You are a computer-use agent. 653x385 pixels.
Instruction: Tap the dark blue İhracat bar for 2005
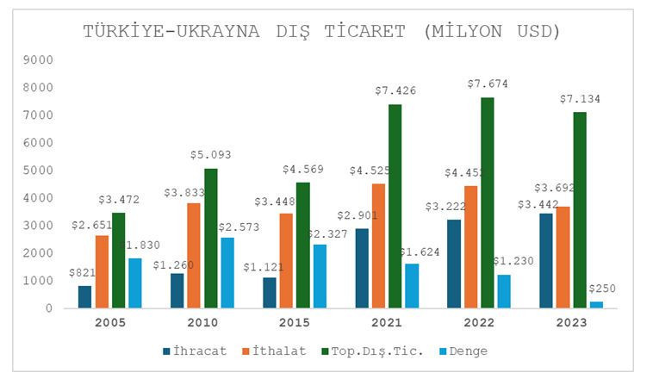point(84,296)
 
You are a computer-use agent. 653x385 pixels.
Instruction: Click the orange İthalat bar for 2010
point(195,255)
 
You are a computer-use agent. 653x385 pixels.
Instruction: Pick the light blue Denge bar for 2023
point(596,304)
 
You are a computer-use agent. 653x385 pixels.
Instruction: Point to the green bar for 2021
point(395,206)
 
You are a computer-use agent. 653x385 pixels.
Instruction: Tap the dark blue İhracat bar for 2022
point(454,264)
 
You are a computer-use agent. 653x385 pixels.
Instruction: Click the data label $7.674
point(487,84)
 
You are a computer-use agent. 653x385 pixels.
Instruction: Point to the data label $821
point(84,272)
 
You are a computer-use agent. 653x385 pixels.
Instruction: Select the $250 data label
point(602,289)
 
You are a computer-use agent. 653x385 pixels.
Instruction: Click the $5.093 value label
point(211,155)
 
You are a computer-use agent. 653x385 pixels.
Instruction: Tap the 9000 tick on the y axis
point(40,60)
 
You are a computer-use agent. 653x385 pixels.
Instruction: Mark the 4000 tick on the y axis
point(40,198)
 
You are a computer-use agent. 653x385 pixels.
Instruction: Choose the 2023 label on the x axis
point(571,323)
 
